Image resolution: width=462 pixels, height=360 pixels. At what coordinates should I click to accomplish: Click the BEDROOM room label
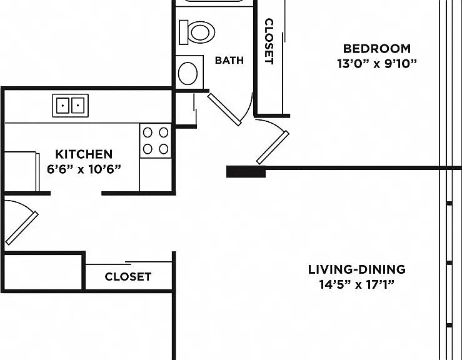click(x=377, y=49)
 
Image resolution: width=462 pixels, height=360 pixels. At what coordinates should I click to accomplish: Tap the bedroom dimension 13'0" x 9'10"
click(x=377, y=64)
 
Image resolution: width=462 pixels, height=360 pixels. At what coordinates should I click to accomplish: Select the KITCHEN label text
click(x=84, y=154)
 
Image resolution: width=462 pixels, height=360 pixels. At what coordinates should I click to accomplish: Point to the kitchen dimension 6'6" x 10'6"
click(x=84, y=169)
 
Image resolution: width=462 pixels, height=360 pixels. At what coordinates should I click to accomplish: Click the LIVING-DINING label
click(x=357, y=269)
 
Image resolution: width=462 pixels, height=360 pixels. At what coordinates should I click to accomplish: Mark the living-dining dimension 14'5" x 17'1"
click(x=357, y=285)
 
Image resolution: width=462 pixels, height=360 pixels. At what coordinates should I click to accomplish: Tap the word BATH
click(x=229, y=60)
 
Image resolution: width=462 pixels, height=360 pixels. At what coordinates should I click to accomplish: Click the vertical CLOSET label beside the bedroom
click(x=269, y=41)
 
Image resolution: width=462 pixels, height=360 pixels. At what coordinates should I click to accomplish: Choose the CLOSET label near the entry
click(x=128, y=277)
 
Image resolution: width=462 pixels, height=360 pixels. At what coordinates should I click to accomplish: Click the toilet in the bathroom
click(x=197, y=32)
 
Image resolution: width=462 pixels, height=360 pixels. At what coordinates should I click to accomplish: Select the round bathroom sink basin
click(x=188, y=73)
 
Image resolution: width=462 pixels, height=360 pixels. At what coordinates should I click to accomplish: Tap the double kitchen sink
click(x=71, y=106)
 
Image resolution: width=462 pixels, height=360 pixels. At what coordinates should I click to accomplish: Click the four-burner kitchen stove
click(x=156, y=141)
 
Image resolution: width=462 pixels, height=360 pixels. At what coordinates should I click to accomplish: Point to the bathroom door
click(x=225, y=109)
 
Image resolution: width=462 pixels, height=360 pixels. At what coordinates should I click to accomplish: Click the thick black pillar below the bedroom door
click(x=246, y=171)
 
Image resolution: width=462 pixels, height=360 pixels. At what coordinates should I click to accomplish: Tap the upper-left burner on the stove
click(x=148, y=132)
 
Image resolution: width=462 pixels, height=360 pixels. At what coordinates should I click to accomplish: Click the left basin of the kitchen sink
click(x=63, y=106)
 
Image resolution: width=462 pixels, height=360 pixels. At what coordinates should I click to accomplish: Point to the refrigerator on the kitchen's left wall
click(x=21, y=172)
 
